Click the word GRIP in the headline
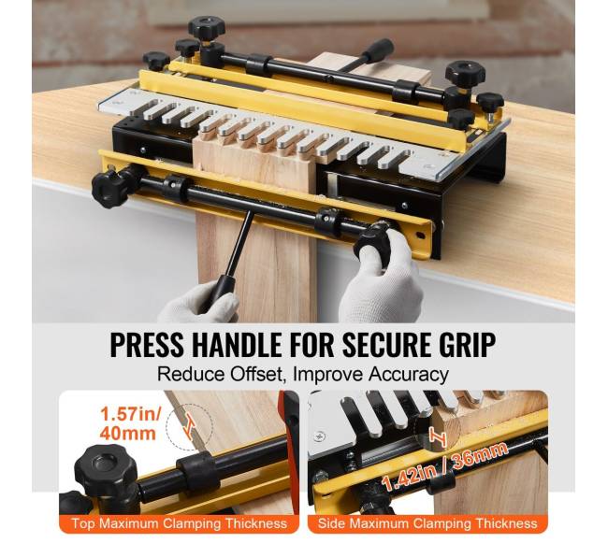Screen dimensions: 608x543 point(463,344)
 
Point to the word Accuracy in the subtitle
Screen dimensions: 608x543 point(409,375)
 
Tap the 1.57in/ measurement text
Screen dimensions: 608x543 point(130,414)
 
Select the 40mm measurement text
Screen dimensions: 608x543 point(127,433)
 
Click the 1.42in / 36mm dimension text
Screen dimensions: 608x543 point(444,467)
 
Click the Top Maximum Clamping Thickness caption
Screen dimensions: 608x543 point(180,523)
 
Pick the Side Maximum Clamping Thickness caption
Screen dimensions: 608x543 point(427,523)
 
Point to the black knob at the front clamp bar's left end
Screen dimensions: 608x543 point(107,189)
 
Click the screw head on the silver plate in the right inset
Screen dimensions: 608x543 point(320,436)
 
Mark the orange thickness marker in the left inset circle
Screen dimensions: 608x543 point(190,425)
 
